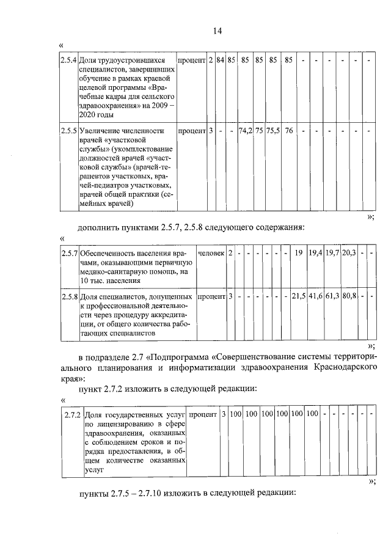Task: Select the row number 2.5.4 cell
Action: [x=68, y=61]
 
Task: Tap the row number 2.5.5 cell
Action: [x=68, y=131]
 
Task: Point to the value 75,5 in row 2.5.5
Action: [x=272, y=131]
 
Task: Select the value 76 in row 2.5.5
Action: [x=289, y=131]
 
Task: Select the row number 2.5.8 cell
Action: [x=69, y=297]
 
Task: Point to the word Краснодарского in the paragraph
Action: [x=339, y=367]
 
